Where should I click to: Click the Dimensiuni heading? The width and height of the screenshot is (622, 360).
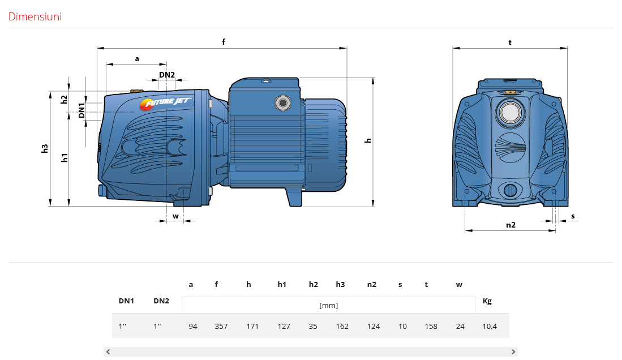coord(35,16)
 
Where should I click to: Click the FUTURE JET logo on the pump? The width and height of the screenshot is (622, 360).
coord(166,104)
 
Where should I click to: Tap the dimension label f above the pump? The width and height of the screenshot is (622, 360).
coord(224,42)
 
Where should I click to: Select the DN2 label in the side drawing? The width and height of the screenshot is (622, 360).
coord(167,75)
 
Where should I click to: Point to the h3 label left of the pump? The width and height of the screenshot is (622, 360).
coord(44,148)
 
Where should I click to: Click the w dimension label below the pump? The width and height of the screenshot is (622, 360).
coord(175,216)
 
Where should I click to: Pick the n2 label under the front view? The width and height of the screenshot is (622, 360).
coord(511,225)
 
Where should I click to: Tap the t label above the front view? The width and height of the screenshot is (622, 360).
coord(510,42)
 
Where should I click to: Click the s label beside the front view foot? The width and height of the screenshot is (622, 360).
coord(573,216)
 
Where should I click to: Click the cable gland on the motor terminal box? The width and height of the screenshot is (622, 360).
coord(283,103)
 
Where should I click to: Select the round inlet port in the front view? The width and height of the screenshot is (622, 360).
coord(511,113)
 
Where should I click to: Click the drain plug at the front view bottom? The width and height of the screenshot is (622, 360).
coord(511,191)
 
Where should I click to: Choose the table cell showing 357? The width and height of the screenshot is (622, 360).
coord(221,326)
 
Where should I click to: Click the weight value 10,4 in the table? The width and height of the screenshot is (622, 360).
coord(490,326)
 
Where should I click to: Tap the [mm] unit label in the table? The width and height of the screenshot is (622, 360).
coord(328,305)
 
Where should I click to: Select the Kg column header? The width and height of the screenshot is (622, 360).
coord(487,301)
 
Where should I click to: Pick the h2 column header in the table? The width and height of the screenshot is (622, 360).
coord(314,284)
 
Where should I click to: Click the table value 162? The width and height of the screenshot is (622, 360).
coord(342,326)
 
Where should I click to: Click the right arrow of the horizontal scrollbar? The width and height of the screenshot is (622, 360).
coord(513,352)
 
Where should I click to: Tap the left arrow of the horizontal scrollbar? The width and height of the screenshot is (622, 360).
coord(108,352)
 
